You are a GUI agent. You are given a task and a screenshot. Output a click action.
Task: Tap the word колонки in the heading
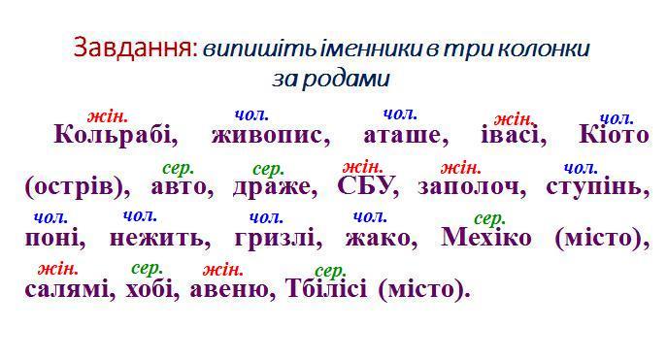544,49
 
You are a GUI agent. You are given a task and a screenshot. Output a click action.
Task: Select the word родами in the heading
345,79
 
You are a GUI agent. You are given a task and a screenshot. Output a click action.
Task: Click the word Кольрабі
116,134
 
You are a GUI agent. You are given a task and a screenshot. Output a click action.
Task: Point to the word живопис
271,136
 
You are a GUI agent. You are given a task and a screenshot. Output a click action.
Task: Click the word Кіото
614,134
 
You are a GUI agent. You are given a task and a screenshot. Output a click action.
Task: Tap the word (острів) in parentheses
78,187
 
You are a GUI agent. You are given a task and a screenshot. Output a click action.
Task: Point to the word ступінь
598,186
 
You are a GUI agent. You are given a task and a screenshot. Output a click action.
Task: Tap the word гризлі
279,238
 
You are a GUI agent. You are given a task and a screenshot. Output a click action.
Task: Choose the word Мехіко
486,237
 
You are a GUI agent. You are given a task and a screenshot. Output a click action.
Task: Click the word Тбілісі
326,288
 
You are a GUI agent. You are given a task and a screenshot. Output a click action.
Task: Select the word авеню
232,290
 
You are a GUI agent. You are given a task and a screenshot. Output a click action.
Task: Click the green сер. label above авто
179,169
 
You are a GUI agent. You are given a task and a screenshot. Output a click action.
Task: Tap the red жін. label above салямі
58,269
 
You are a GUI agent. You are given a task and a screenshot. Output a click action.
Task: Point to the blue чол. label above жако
370,216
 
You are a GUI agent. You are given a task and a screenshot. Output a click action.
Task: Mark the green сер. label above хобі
148,269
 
